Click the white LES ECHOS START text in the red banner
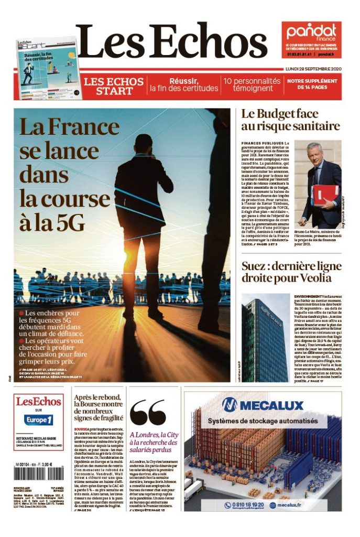point(114,87)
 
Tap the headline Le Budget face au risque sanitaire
point(290,120)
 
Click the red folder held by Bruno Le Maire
point(325,195)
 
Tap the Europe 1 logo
point(39,420)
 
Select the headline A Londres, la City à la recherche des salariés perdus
point(154,442)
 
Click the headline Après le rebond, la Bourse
point(99,407)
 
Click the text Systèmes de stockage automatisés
point(263,421)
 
